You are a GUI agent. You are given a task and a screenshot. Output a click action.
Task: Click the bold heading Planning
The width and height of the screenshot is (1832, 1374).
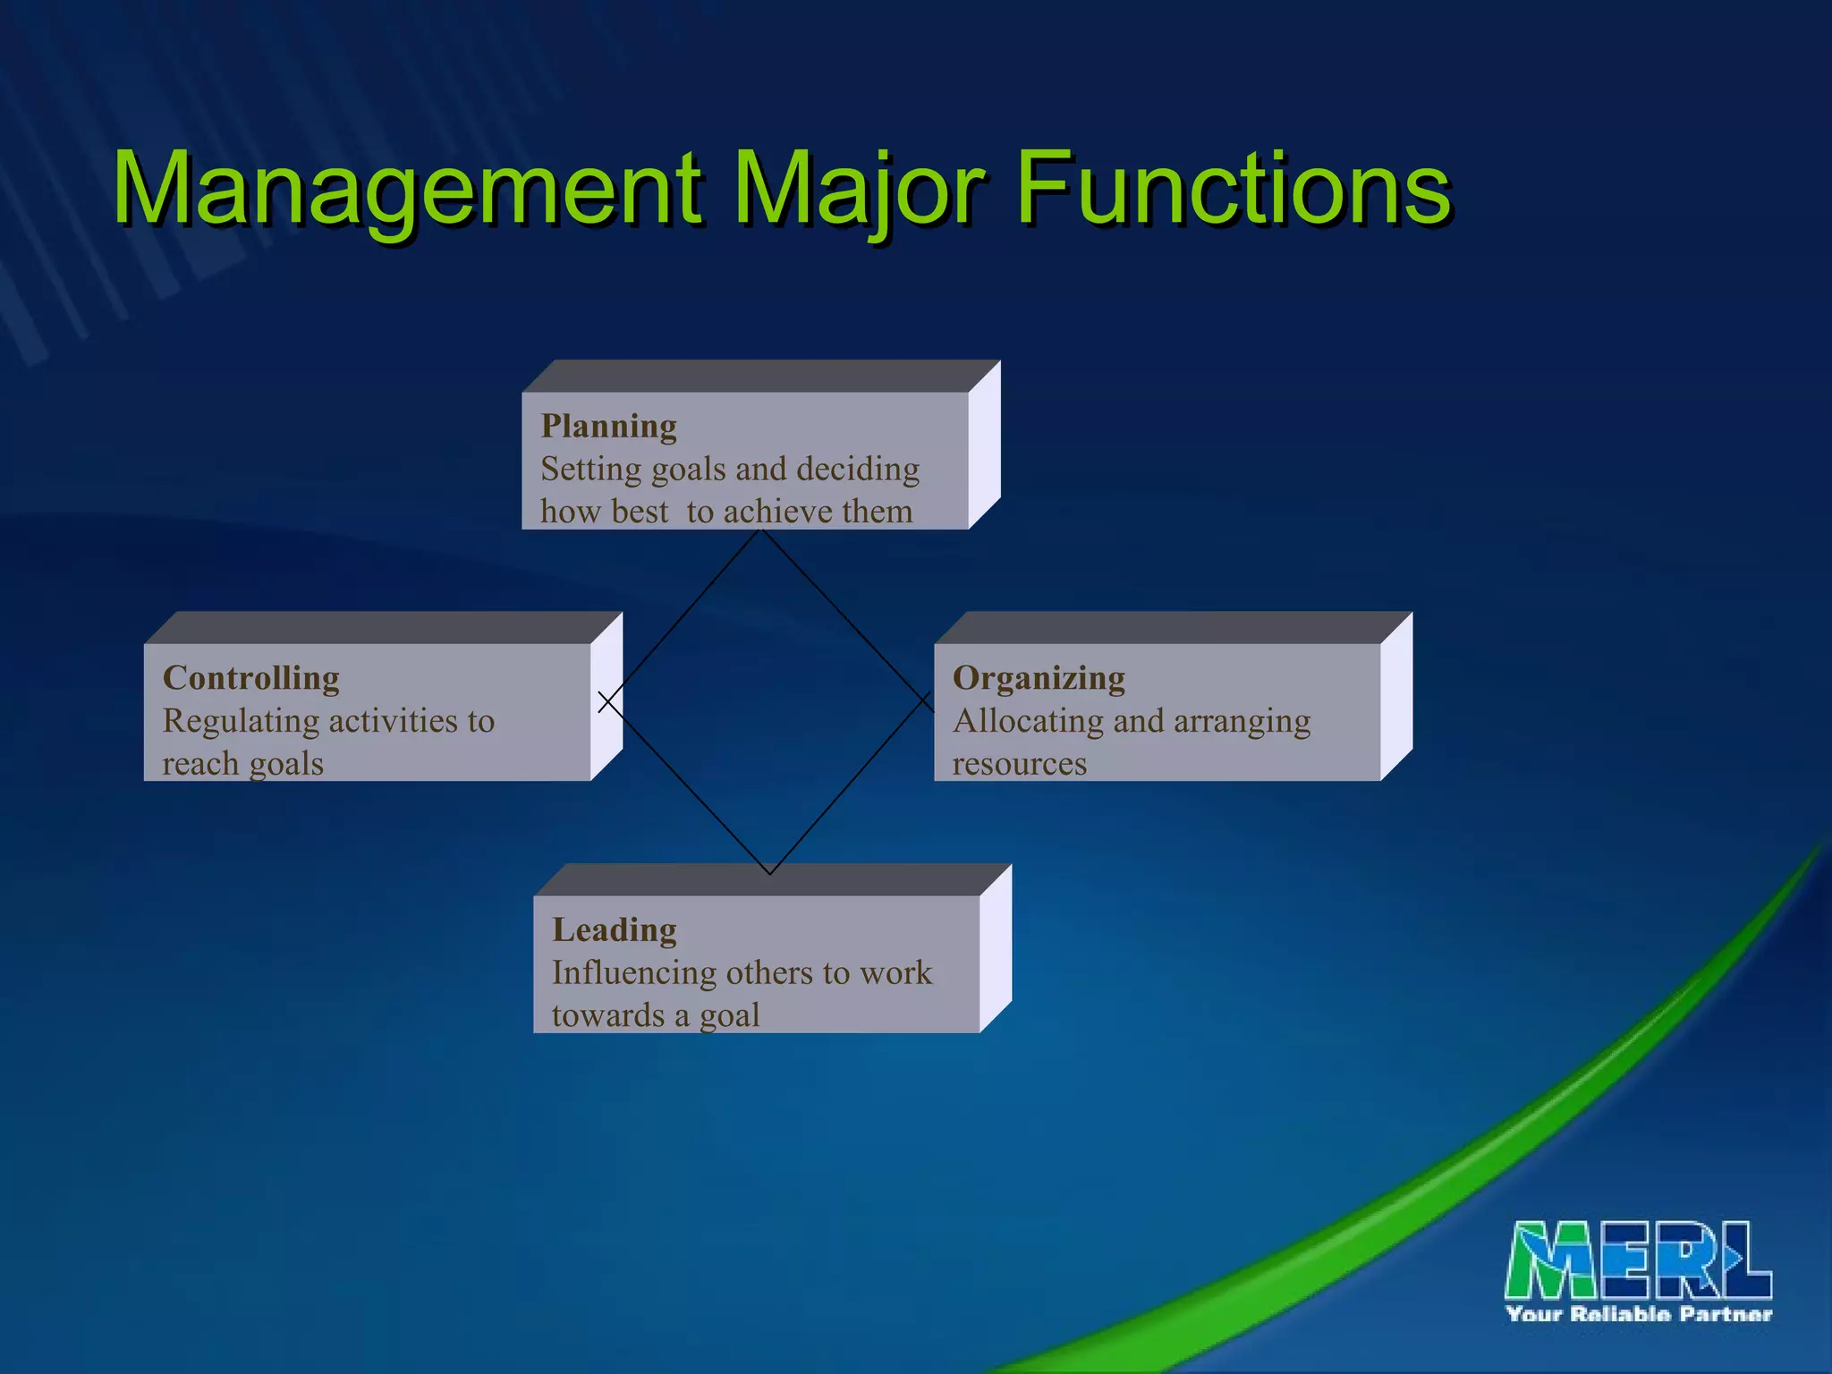[x=608, y=426]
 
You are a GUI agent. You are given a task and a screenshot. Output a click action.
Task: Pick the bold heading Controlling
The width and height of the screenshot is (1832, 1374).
[x=250, y=678]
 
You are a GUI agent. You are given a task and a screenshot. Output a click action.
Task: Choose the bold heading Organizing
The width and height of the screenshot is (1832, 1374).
[x=1039, y=678]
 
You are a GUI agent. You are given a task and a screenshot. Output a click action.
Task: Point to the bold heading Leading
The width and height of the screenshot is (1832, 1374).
[x=614, y=930]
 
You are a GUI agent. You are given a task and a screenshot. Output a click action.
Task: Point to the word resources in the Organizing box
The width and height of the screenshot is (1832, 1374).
[x=1019, y=764]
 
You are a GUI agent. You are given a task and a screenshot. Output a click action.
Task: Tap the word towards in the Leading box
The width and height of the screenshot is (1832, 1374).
[x=607, y=1016]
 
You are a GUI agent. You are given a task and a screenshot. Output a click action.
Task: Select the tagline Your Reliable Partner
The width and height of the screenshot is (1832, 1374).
[x=1639, y=1314]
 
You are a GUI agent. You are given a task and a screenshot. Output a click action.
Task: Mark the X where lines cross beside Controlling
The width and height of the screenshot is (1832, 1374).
[x=608, y=702]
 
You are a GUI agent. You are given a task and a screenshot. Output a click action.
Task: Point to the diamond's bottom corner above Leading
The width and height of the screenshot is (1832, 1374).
[x=769, y=873]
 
